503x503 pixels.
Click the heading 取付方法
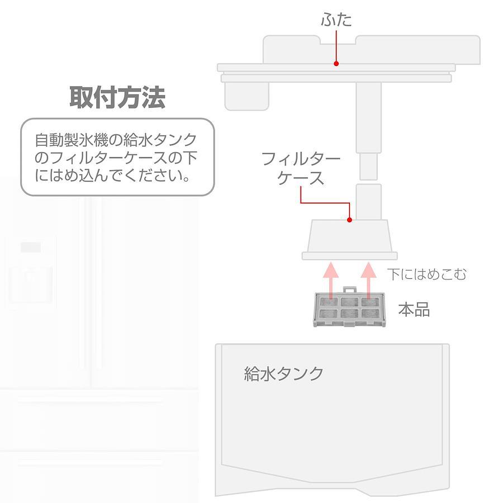[x=117, y=97]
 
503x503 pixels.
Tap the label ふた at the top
[x=336, y=20]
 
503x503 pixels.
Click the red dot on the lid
[x=336, y=64]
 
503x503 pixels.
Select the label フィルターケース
[x=301, y=168]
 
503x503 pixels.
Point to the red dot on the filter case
[x=350, y=220]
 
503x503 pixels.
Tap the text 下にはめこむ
[x=426, y=274]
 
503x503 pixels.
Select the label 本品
[x=414, y=310]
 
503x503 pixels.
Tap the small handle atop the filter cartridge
[x=349, y=290]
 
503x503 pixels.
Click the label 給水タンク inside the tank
[x=284, y=373]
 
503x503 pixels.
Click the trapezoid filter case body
[x=350, y=236]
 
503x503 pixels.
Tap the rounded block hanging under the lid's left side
[x=246, y=96]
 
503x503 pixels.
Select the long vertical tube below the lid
[x=369, y=118]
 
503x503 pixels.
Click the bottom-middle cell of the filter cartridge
[x=349, y=314]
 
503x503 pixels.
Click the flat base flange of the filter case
[x=350, y=255]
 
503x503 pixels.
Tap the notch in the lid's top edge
[x=338, y=40]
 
